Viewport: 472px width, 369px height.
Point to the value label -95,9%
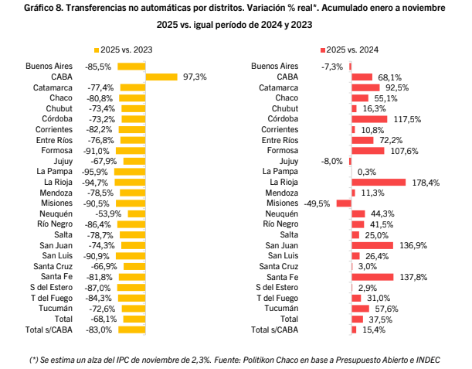98,171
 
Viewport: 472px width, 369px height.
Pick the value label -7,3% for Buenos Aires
333,67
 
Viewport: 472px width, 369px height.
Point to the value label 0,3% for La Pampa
367,171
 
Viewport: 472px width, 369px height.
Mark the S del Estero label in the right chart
277,287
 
